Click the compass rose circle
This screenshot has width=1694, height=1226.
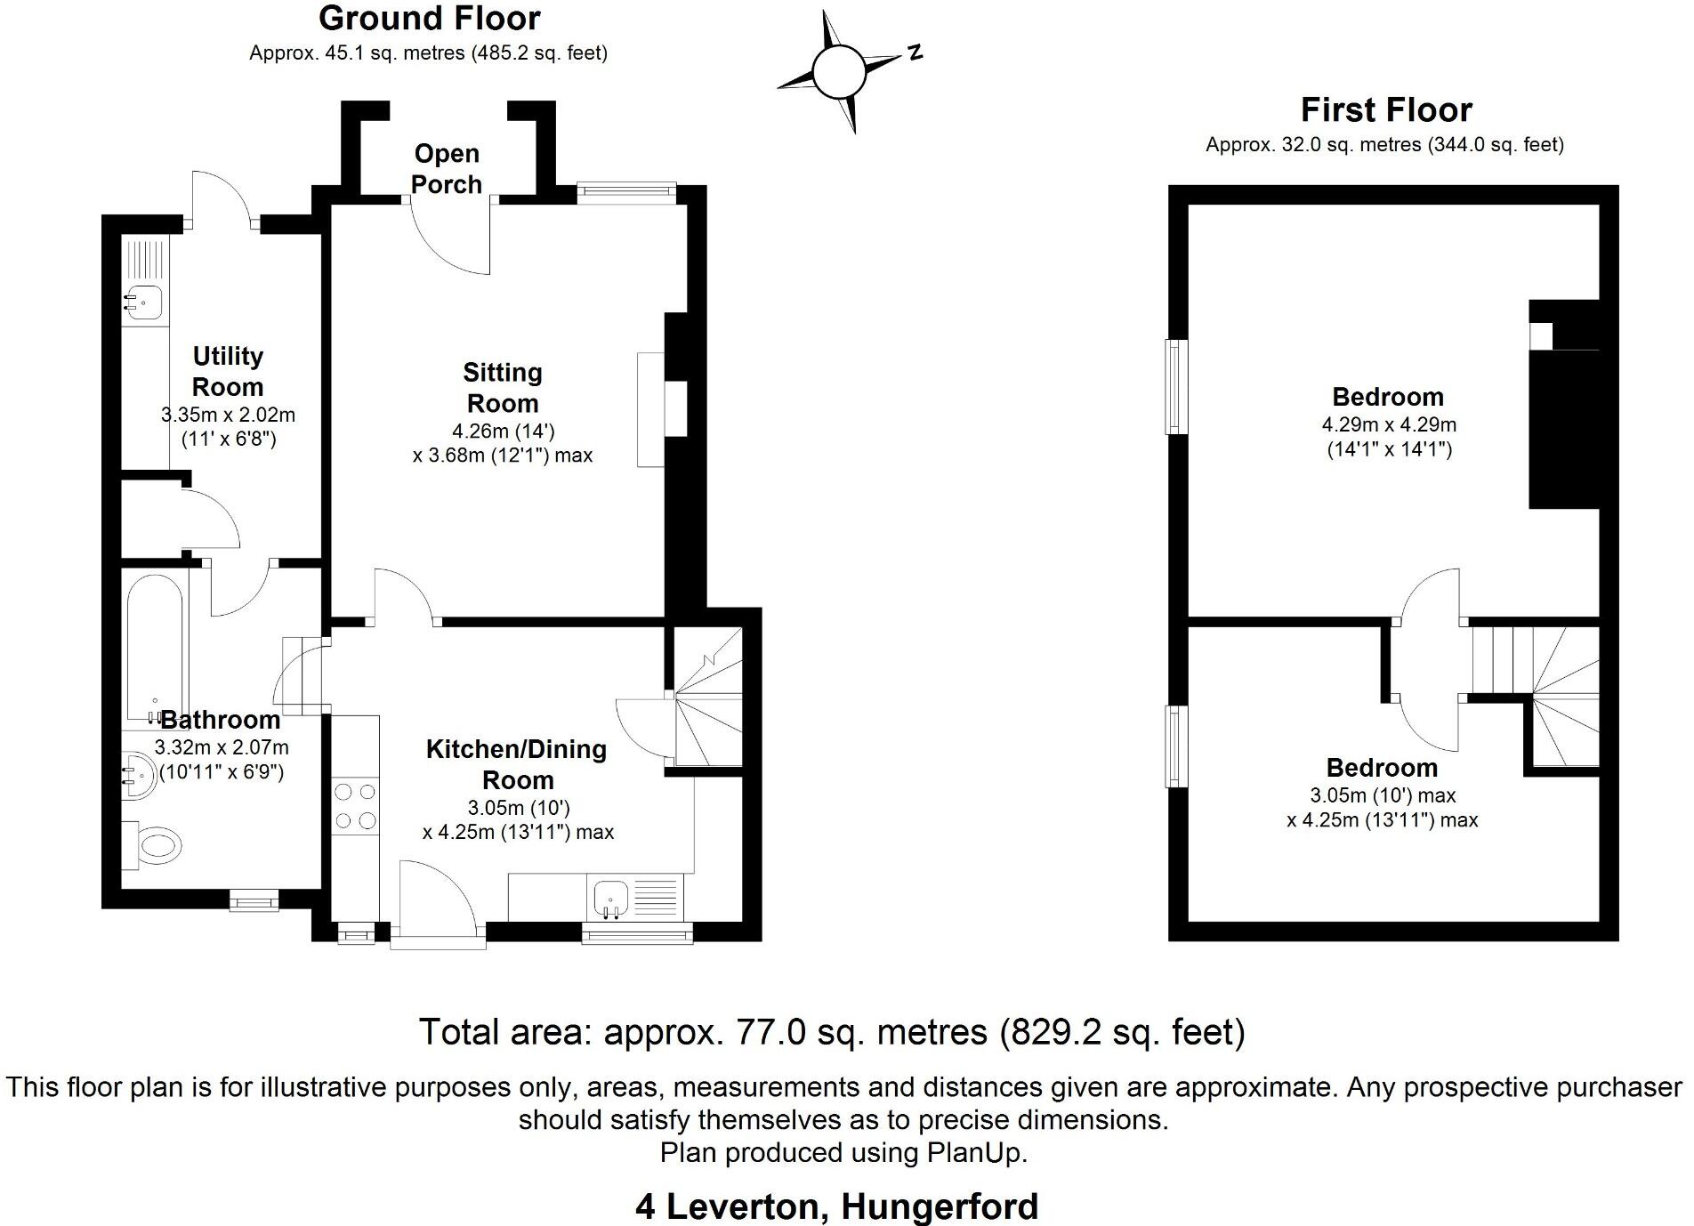tap(839, 71)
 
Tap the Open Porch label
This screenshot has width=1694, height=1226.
tap(447, 169)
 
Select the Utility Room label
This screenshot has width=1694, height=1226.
tap(228, 372)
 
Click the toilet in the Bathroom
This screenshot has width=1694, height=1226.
tap(152, 843)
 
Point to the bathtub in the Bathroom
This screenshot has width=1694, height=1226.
tap(156, 648)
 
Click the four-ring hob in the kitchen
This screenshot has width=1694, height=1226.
tap(355, 806)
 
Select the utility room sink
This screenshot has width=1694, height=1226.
tap(142, 302)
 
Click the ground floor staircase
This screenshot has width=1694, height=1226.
tap(708, 696)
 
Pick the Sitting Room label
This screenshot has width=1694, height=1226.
tap(503, 388)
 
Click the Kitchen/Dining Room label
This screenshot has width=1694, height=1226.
tap(517, 764)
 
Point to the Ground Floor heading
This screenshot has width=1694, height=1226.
tap(430, 19)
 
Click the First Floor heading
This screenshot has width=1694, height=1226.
tap(1386, 110)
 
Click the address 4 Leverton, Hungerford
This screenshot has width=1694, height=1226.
tap(837, 1207)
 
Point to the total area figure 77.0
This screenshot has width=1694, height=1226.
tap(772, 1032)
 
